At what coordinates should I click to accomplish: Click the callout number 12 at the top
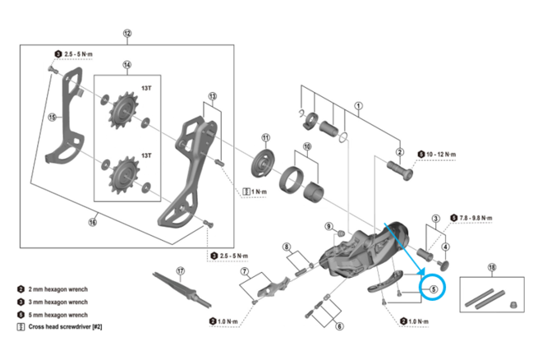tap(126, 34)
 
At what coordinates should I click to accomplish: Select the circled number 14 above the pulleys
tap(126, 65)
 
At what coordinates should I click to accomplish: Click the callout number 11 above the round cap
tap(265, 137)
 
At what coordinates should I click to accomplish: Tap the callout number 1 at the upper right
tap(358, 105)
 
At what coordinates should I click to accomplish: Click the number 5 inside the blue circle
tap(431, 288)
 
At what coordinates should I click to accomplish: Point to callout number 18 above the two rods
tap(492, 267)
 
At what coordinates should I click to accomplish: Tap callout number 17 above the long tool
tap(180, 270)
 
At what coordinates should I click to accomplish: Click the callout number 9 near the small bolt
tap(328, 226)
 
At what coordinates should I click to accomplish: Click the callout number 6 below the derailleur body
tap(339, 326)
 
